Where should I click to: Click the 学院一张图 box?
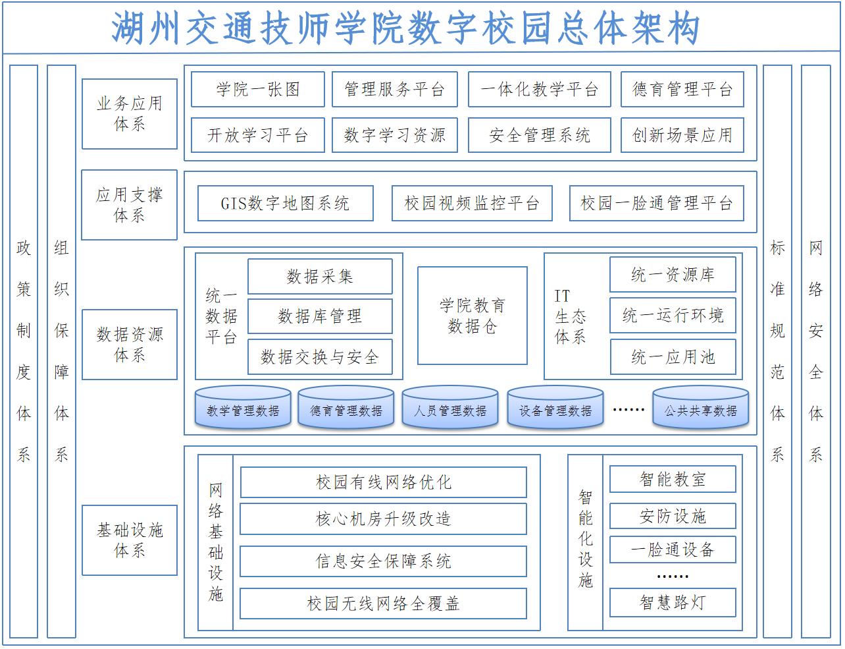pos(258,89)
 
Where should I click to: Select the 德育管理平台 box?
pos(682,89)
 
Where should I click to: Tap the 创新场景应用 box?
pos(682,135)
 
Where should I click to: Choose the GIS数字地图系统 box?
pos(286,203)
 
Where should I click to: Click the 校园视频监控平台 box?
pos(472,203)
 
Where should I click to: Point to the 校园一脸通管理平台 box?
pos(657,203)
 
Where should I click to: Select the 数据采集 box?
pos(320,277)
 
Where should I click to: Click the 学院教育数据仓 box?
pos(473,316)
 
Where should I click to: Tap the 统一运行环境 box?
pos(673,316)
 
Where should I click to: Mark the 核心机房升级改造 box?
pos(384,519)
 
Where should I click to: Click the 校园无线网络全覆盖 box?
pos(384,604)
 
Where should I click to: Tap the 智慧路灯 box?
pos(673,603)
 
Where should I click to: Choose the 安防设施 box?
pos(673,517)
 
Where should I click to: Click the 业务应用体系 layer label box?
pos(130,114)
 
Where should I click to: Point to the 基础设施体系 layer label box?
pos(130,540)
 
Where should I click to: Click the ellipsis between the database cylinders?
pos(628,410)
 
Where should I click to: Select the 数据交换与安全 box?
pos(320,357)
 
